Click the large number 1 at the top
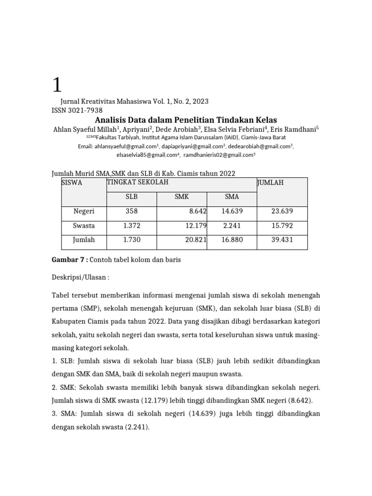click(57, 85)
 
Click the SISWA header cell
click(72, 183)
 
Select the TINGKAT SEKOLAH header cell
click(138, 182)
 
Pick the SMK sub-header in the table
click(182, 197)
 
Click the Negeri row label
click(84, 212)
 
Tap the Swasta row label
click(84, 226)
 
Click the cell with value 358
click(131, 212)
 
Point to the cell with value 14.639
click(232, 212)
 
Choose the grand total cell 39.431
click(282, 240)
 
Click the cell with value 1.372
click(131, 226)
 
